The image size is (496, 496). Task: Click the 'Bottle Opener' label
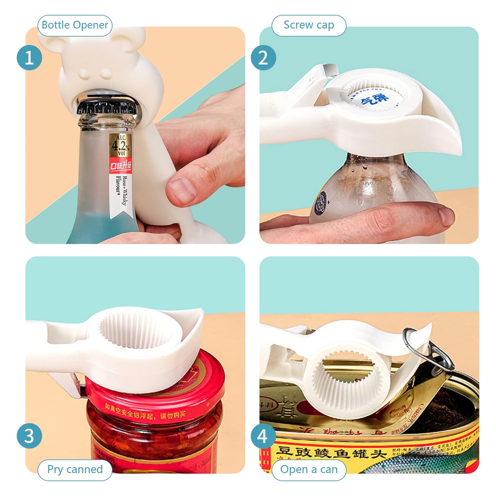coord(75,25)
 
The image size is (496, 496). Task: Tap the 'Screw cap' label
coord(309,25)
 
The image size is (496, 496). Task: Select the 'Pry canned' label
coord(75,469)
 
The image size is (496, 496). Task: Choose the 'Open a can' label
coord(309,469)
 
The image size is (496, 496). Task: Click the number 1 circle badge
coord(30,58)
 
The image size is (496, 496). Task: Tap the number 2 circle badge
coord(263,58)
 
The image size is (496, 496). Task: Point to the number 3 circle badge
coord(30,436)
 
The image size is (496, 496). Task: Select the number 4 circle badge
coord(263,436)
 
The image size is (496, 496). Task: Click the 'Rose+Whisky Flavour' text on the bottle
coord(122,191)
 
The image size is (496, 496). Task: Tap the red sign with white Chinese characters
coord(120,166)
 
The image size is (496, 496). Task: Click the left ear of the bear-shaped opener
coord(51,39)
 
